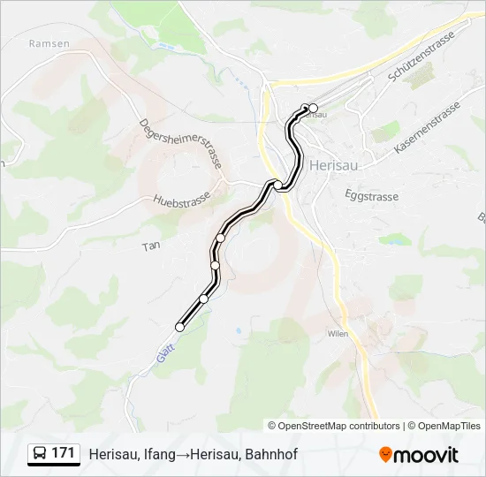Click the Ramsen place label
[x=42, y=42]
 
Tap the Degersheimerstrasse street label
[x=178, y=148]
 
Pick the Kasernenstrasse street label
[x=428, y=130]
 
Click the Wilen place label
[x=337, y=334]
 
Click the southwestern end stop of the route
[x=180, y=327]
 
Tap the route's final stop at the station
[x=313, y=109]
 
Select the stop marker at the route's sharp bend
[x=278, y=184]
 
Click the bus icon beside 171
[x=41, y=454]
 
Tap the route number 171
[x=64, y=453]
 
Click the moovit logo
[x=419, y=455]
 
